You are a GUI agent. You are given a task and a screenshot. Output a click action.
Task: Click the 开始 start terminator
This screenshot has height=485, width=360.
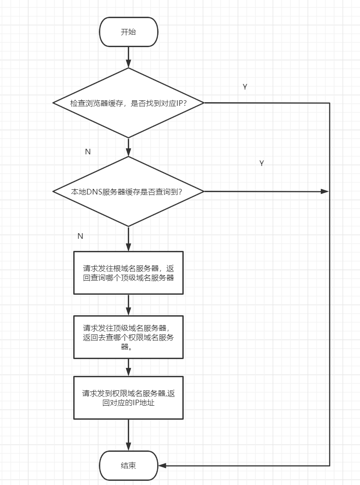[x=129, y=32]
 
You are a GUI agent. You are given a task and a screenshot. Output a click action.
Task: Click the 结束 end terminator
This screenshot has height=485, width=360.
[x=129, y=465]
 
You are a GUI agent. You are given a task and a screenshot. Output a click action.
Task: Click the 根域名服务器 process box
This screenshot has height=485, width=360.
[x=129, y=273]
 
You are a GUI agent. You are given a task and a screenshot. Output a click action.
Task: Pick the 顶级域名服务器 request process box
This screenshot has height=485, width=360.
[x=129, y=337]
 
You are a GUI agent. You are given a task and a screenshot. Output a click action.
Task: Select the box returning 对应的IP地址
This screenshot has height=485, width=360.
[x=129, y=398]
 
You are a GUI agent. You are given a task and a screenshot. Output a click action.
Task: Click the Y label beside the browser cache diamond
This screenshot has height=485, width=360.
[x=245, y=87]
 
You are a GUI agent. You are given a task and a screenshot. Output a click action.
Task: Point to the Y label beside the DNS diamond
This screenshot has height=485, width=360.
[x=262, y=164]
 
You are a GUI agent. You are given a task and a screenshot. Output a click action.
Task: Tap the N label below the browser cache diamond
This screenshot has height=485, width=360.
[x=88, y=152]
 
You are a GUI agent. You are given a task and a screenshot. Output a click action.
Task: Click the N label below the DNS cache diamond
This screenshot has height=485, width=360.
[x=80, y=236]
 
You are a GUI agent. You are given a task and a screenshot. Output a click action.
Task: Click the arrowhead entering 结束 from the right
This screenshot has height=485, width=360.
[x=162, y=465]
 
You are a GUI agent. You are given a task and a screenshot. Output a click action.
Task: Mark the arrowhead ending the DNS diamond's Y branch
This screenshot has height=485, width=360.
[x=325, y=191]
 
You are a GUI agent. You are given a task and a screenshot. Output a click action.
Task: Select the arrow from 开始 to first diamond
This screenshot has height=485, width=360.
[x=129, y=57]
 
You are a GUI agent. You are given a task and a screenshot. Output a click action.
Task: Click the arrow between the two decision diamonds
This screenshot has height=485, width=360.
[x=129, y=147]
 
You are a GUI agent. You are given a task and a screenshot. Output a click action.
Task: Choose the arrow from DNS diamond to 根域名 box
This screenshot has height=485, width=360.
[x=129, y=239]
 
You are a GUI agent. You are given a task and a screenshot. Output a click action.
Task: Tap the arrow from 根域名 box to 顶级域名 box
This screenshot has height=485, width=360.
[x=129, y=305]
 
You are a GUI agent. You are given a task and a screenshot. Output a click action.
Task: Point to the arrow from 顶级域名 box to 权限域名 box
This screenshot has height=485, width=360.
[x=129, y=367]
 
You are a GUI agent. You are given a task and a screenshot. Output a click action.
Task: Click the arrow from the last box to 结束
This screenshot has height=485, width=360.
[x=129, y=435]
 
